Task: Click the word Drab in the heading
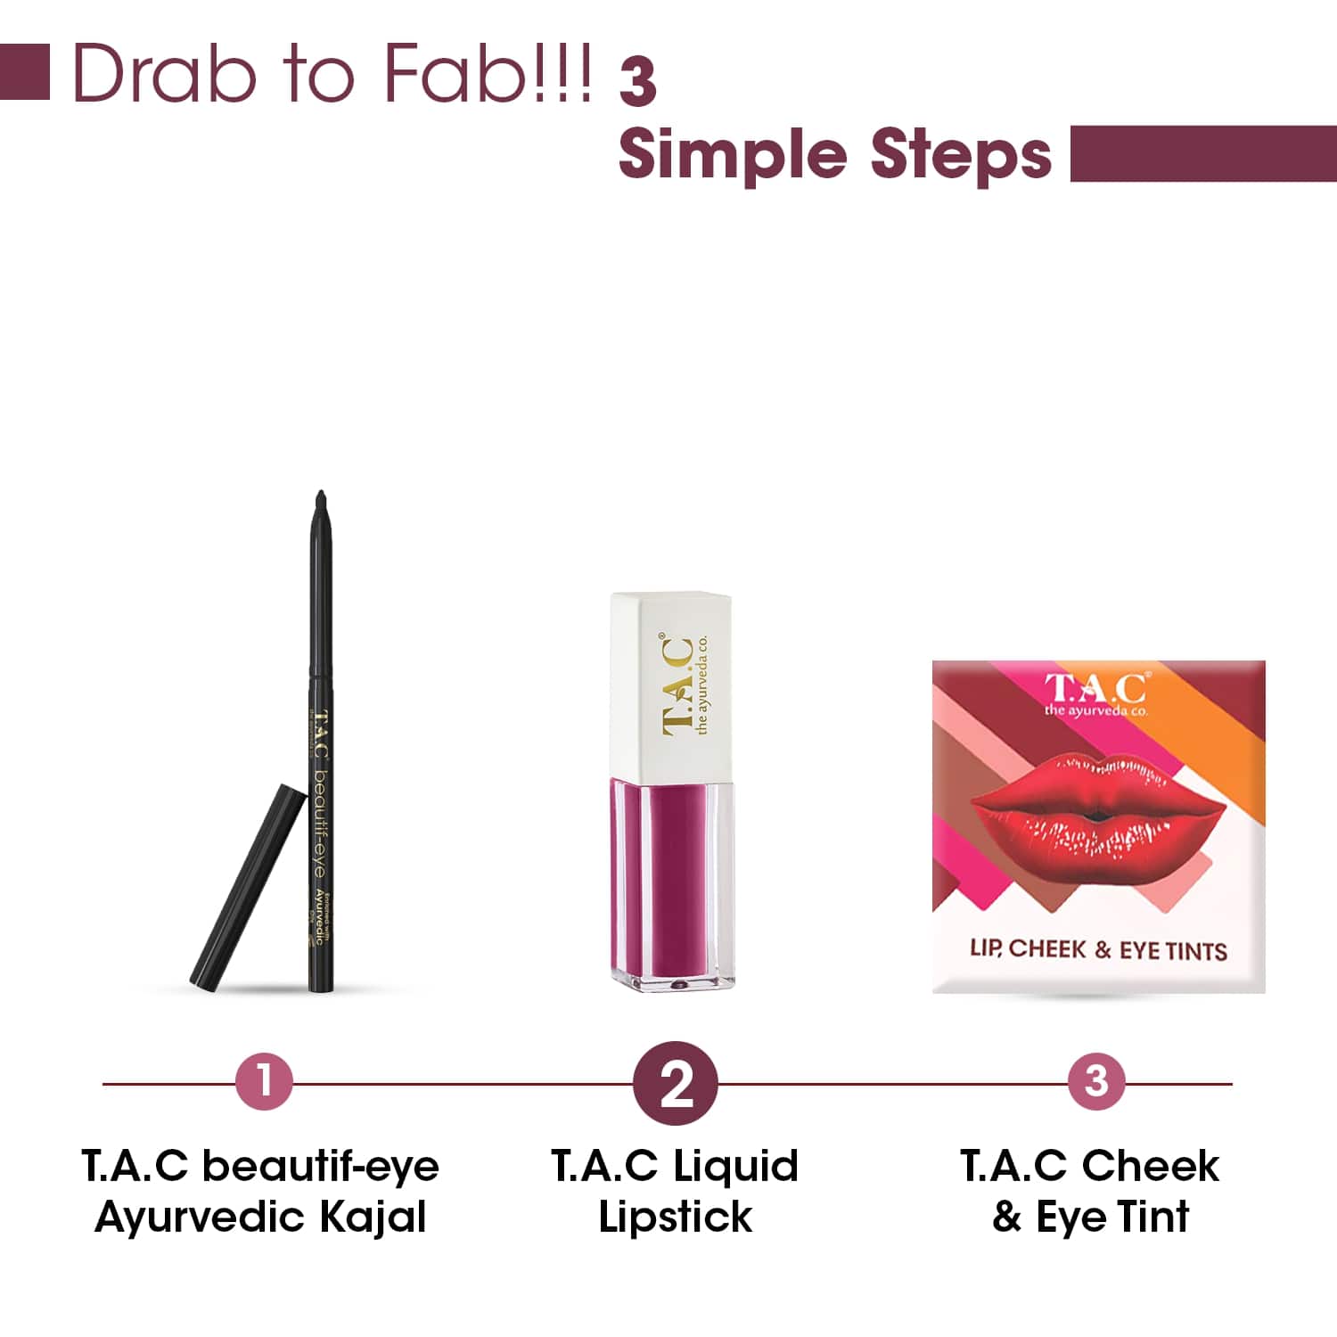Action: tap(165, 73)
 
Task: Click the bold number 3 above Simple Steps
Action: tap(638, 83)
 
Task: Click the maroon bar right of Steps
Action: tap(1202, 153)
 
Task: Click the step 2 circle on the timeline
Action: tap(676, 1083)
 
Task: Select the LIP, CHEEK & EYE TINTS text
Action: tap(1098, 950)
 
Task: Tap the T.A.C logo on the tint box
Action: tap(1096, 690)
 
